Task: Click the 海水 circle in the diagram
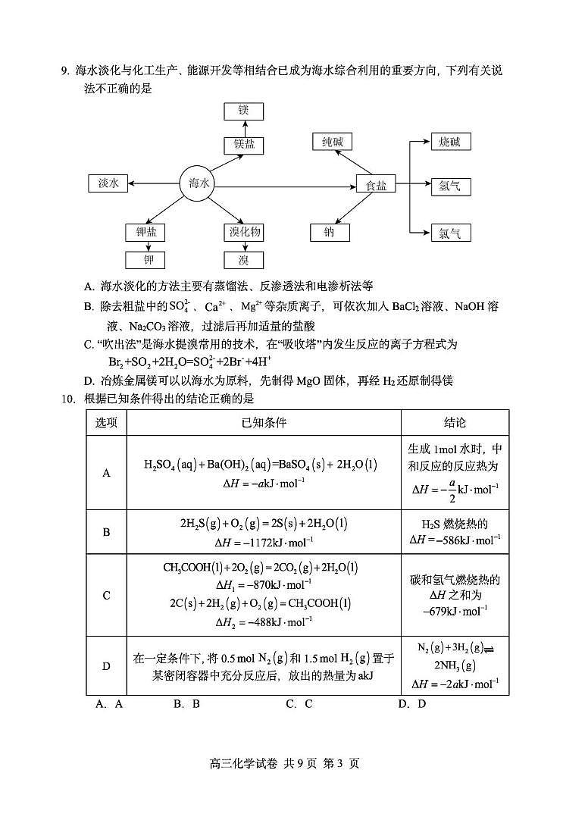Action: pos(198,183)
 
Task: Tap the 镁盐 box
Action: pos(244,145)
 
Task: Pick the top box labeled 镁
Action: pos(244,111)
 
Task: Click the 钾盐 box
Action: pos(145,232)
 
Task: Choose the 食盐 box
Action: pos(376,184)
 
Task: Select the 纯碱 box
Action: pos(332,142)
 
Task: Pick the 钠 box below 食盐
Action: pos(330,232)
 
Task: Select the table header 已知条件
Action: pos(264,423)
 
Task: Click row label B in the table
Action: pos(106,531)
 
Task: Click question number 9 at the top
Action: pos(65,71)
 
